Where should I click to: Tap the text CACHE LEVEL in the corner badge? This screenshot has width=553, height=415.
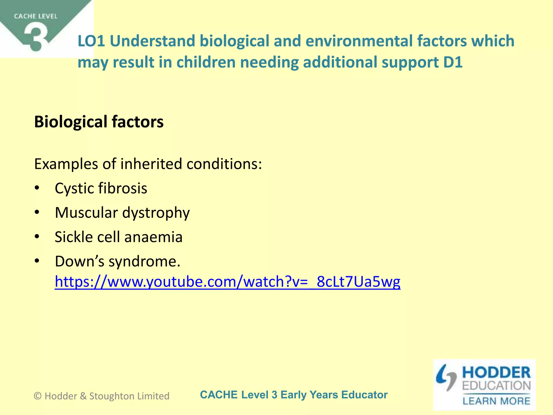point(36,16)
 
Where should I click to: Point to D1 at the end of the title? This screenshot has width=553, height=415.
point(453,62)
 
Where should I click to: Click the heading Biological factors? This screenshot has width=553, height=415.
point(99,122)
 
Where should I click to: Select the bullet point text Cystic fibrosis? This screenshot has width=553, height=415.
point(101,188)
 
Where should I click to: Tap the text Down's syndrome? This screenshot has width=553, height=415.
point(117,262)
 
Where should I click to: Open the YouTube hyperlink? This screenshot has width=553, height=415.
point(227,282)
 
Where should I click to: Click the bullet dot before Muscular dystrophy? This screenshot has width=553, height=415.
point(37,213)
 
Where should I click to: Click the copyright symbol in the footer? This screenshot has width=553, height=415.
point(38,396)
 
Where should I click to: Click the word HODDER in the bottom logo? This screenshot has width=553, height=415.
point(496,373)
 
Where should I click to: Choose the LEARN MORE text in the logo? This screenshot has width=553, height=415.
point(496,401)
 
